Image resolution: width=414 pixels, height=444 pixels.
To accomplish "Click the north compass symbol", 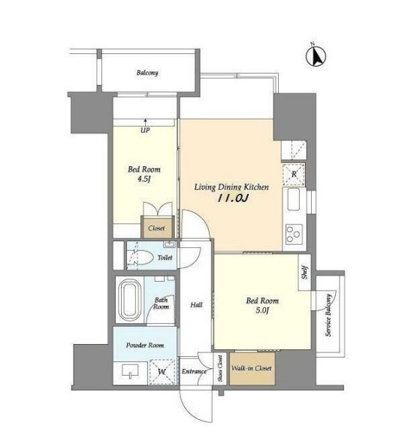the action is pyautogui.click(x=316, y=55).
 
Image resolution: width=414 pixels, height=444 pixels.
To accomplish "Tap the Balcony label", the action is pyautogui.click(x=147, y=73).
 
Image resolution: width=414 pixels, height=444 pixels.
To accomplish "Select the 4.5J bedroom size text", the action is pyautogui.click(x=144, y=179).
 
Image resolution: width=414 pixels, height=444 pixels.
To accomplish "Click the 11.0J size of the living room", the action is pyautogui.click(x=233, y=198).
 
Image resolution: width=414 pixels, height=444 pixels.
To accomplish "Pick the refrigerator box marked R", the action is pyautogui.click(x=294, y=174).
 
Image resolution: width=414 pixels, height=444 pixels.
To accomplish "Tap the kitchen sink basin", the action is pyautogui.click(x=293, y=199).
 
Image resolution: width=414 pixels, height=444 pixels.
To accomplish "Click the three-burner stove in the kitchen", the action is pyautogui.click(x=294, y=234).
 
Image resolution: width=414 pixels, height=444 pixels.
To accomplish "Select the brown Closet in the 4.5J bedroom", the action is pyautogui.click(x=156, y=228).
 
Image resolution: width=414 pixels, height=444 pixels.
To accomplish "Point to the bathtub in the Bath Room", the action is pyautogui.click(x=130, y=300).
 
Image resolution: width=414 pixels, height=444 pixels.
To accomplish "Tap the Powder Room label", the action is pyautogui.click(x=145, y=345).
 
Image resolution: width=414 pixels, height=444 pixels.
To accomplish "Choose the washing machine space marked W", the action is pyautogui.click(x=162, y=372).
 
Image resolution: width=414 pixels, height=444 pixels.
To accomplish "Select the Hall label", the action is pyautogui.click(x=196, y=305).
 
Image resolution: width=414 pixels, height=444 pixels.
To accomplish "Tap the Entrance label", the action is pyautogui.click(x=195, y=371).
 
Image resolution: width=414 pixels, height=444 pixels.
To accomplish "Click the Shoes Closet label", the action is pyautogui.click(x=220, y=368).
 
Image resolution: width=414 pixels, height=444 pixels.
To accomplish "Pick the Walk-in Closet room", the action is pyautogui.click(x=252, y=368).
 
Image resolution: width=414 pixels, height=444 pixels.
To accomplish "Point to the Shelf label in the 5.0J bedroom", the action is pyautogui.click(x=304, y=271).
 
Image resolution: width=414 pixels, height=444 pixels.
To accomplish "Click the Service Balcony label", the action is pyautogui.click(x=328, y=316).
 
